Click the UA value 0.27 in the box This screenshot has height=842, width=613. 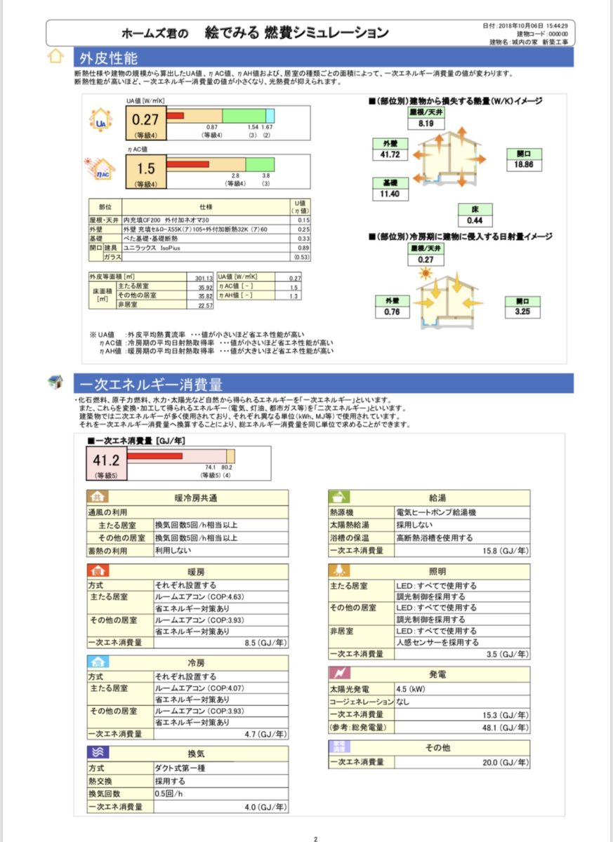(x=145, y=120)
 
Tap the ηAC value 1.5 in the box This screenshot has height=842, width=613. (x=145, y=168)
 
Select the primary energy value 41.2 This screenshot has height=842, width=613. (x=107, y=460)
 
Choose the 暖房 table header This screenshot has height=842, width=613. (x=196, y=571)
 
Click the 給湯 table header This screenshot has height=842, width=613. (x=437, y=496)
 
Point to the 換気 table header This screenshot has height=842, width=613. (x=196, y=753)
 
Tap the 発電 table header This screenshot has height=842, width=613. (x=437, y=674)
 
